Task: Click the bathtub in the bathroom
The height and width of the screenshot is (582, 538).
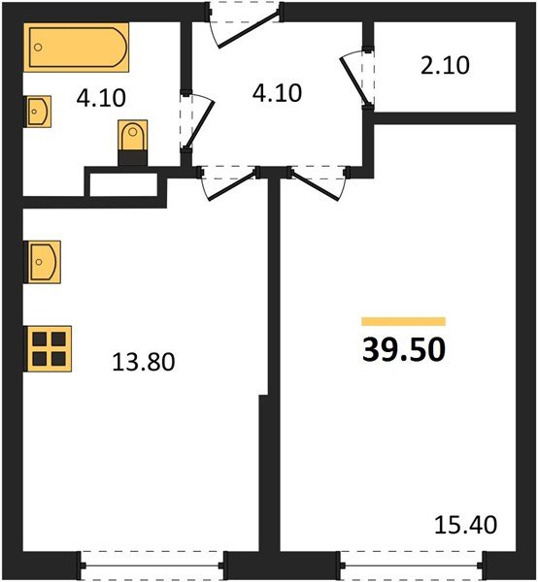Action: coord(77,46)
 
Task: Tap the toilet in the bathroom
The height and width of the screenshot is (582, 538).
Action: coord(131,140)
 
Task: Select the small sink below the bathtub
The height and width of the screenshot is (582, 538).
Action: coord(38,113)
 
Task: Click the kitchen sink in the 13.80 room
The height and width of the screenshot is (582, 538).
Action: coord(43,261)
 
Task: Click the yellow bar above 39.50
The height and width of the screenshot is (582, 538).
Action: coord(403,321)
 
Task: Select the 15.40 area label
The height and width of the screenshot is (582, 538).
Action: coord(466,526)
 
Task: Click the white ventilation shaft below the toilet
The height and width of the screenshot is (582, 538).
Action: coord(122,182)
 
